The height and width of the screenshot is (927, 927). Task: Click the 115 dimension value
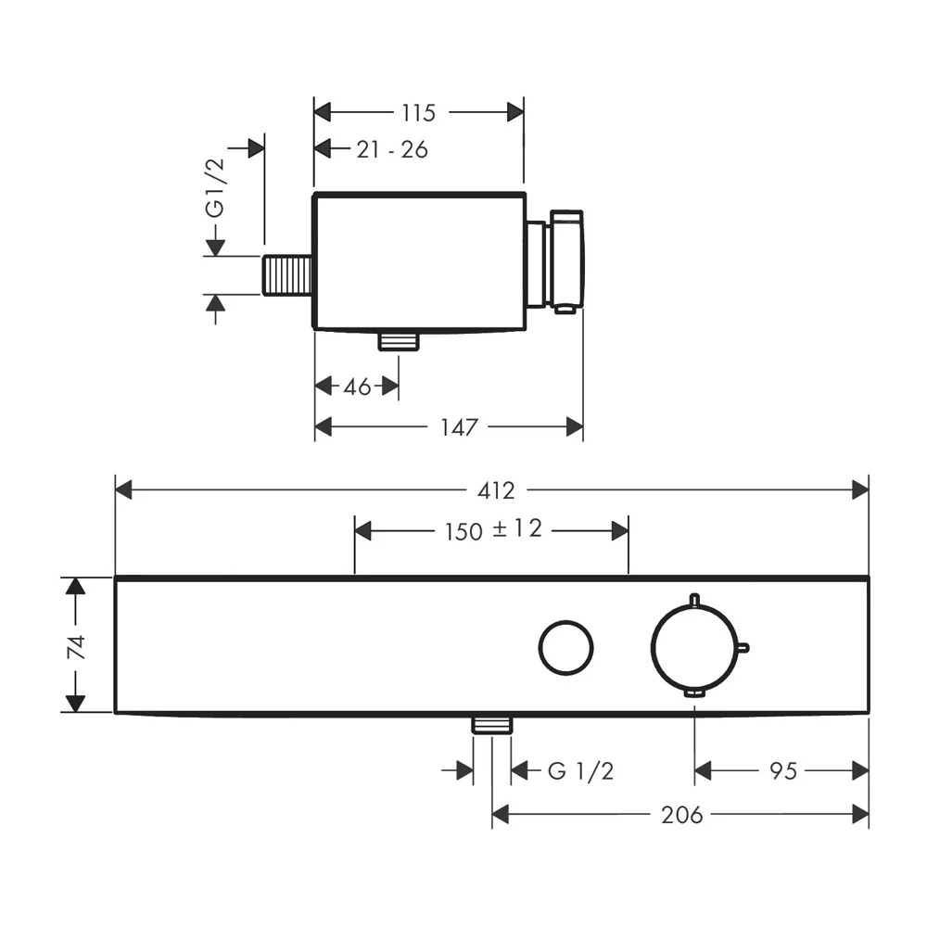pos(419,113)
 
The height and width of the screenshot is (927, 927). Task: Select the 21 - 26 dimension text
pos(392,149)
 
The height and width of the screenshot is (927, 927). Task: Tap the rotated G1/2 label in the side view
pos(216,188)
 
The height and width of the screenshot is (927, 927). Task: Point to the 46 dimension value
pos(357,387)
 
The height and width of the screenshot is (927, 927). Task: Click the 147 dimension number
pos(460,426)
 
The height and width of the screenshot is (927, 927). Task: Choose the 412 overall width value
pos(496,490)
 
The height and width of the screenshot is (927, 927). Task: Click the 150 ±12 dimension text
pos(493,529)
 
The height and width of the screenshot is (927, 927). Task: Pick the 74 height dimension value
pos(76,647)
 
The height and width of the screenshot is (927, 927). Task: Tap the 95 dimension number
pos(783,771)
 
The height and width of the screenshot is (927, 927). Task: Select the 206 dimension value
pos(682,815)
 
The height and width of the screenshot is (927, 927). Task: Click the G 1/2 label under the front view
pos(580,771)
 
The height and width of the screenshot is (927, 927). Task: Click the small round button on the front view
pos(565,647)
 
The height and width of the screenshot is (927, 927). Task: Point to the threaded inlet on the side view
pos(286,275)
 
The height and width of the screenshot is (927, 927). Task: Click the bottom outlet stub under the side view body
pos(399,341)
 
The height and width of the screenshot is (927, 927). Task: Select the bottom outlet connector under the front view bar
pos(492,724)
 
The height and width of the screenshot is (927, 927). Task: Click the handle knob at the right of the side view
pos(567,260)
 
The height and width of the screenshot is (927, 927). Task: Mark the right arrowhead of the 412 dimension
pos(860,490)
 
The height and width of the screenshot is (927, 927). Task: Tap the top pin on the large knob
pos(695,600)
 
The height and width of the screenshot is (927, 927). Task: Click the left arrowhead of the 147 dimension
pos(324,426)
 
